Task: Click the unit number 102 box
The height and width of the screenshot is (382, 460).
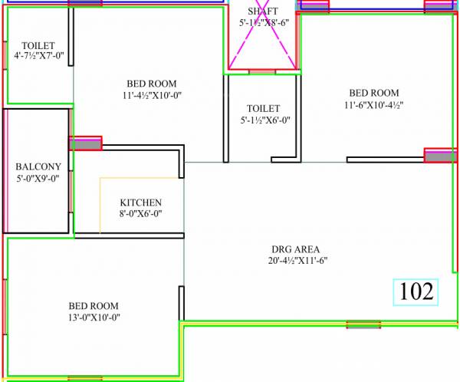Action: [x=416, y=291]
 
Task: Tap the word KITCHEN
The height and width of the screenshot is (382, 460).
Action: [x=140, y=203]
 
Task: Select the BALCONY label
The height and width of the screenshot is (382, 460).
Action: [x=38, y=166]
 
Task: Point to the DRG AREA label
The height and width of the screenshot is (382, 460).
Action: [x=295, y=249]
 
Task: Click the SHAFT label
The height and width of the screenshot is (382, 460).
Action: [x=263, y=11]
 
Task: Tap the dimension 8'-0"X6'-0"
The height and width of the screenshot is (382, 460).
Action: [x=140, y=214]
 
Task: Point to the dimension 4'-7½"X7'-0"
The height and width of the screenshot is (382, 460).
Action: [x=38, y=56]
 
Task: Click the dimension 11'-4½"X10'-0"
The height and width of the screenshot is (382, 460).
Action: [x=151, y=95]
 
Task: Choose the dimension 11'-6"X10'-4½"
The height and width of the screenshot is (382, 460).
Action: [x=373, y=104]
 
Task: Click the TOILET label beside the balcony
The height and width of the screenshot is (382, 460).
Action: [x=38, y=44]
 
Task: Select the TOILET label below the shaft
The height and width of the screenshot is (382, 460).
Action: [x=263, y=108]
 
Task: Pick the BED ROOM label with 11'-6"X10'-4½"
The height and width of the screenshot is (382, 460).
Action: [x=373, y=93]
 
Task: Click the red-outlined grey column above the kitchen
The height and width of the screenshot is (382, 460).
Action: [x=85, y=143]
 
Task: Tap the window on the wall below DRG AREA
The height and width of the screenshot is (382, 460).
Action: [x=363, y=325]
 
